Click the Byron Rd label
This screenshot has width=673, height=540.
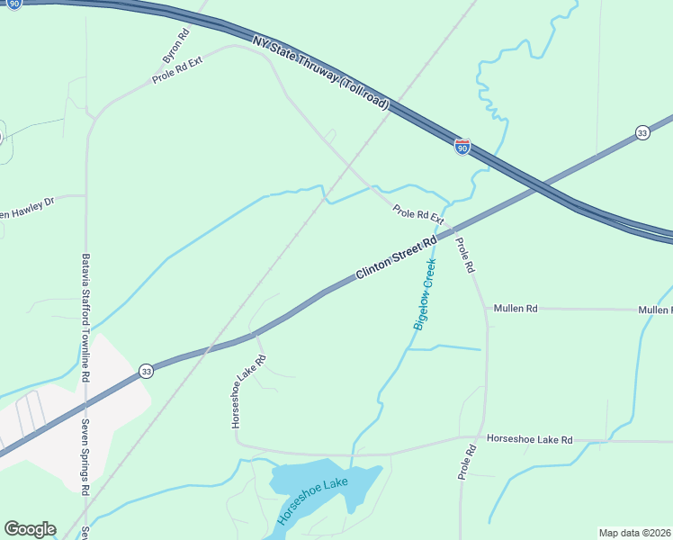pyautogui.click(x=175, y=47)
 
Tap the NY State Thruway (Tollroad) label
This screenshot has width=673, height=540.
pyautogui.click(x=320, y=73)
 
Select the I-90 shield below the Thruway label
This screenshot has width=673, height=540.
pyautogui.click(x=462, y=146)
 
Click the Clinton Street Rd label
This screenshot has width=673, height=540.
pyautogui.click(x=396, y=257)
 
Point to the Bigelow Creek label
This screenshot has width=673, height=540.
pyautogui.click(x=424, y=294)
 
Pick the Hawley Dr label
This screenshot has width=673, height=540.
pyautogui.click(x=27, y=208)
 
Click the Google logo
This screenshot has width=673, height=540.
pyautogui.click(x=30, y=529)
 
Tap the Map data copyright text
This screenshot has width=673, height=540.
pyautogui.click(x=634, y=533)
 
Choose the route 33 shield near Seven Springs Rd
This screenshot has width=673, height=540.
pyautogui.click(x=146, y=371)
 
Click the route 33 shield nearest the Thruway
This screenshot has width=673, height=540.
pyautogui.click(x=642, y=132)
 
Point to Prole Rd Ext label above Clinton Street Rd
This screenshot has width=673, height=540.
pyautogui.click(x=418, y=214)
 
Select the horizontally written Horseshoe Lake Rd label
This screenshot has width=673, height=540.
pyautogui.click(x=529, y=439)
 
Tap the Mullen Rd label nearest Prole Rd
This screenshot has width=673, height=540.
pyautogui.click(x=515, y=309)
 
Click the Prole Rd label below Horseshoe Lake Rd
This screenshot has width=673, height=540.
pyautogui.click(x=465, y=461)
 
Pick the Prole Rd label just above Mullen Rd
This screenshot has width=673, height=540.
pyautogui.click(x=465, y=256)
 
